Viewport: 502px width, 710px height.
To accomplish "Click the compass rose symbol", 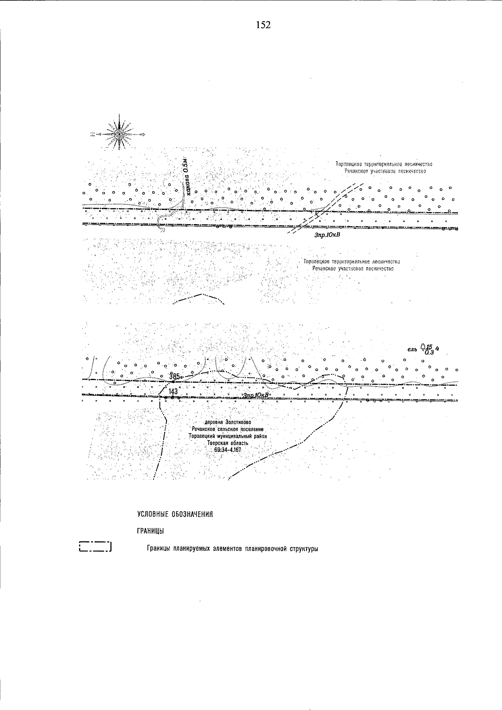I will [120, 134].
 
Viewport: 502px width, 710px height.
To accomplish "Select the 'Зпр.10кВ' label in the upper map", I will [328, 235].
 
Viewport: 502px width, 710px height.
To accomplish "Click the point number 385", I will [174, 376].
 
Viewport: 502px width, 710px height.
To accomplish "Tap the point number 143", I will [173, 391].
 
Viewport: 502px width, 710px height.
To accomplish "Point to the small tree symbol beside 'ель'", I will [423, 346].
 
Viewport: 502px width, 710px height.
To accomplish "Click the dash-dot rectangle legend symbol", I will [95, 547].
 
